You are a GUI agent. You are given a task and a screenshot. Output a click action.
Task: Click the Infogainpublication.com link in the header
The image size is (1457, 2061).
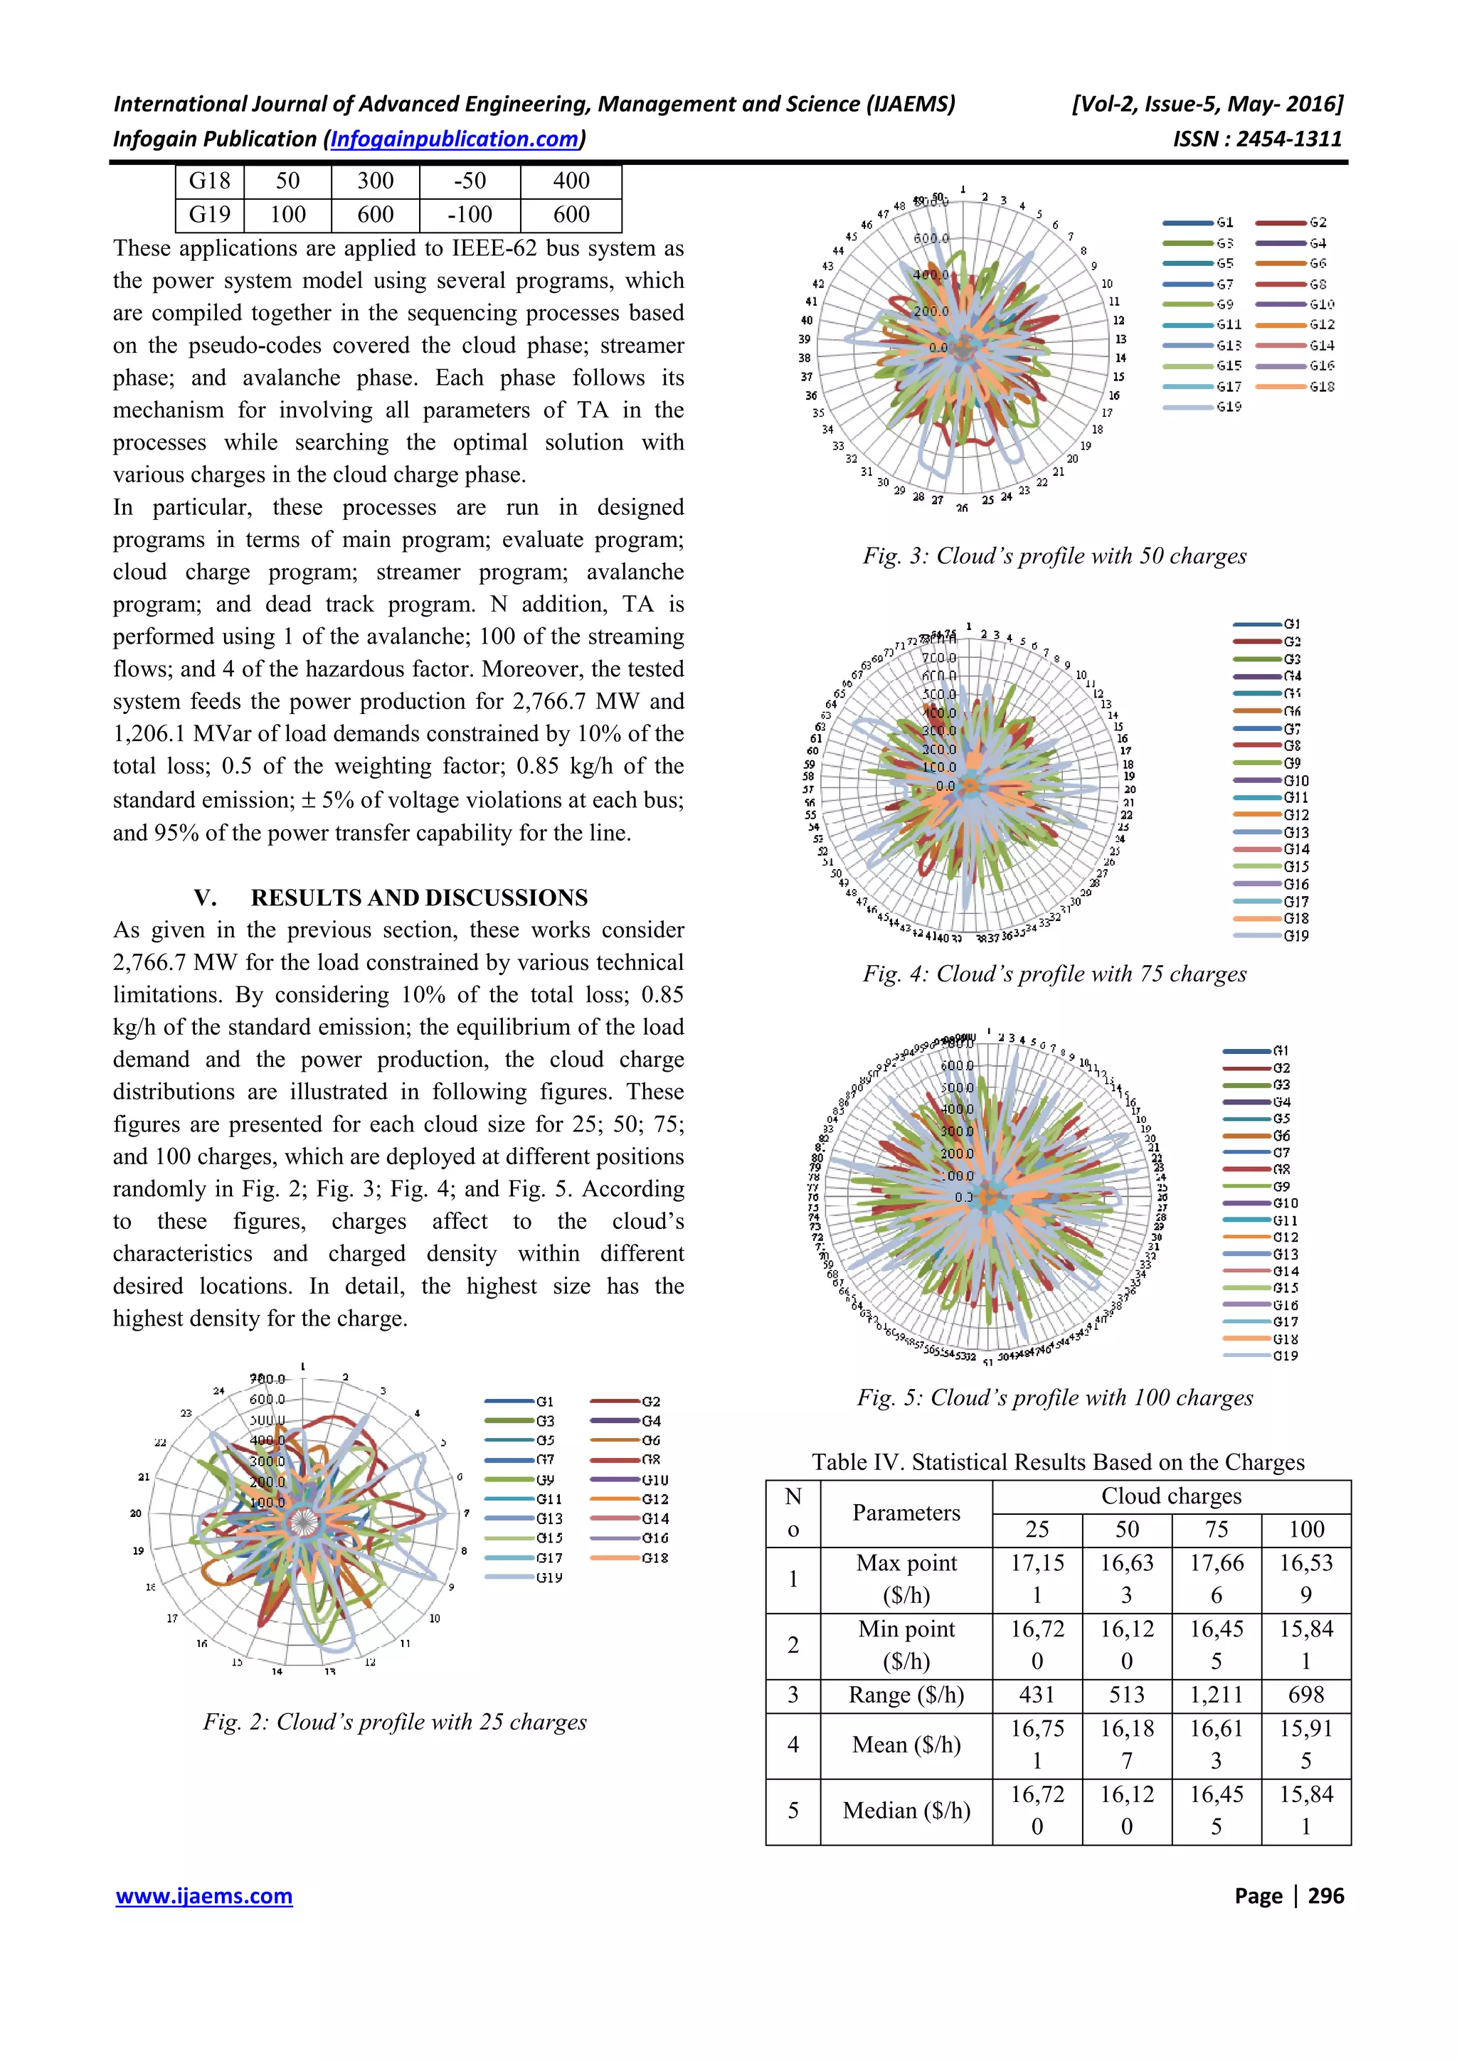455,139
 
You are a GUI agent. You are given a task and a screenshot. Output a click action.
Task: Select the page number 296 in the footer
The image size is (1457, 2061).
1325,1896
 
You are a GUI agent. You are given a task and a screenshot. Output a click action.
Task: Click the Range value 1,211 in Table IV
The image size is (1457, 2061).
1216,1695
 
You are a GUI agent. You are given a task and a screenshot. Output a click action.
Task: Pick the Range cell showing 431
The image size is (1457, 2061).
1037,1695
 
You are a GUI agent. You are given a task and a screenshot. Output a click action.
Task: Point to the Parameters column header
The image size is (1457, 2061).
906,1513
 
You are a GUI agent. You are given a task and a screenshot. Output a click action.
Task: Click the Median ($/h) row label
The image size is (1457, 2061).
906,1811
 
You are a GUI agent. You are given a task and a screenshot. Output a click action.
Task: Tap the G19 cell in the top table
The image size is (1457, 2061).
209,215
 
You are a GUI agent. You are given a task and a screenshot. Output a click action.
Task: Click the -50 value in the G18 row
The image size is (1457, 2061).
470,181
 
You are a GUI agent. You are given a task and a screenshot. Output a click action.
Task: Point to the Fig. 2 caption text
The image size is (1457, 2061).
394,1722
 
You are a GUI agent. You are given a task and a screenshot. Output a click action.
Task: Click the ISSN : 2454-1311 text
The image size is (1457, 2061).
1257,139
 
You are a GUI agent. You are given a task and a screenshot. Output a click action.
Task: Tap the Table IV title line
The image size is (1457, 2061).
1057,1462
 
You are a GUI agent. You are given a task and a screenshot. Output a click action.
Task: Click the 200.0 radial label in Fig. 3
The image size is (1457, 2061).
931,311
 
